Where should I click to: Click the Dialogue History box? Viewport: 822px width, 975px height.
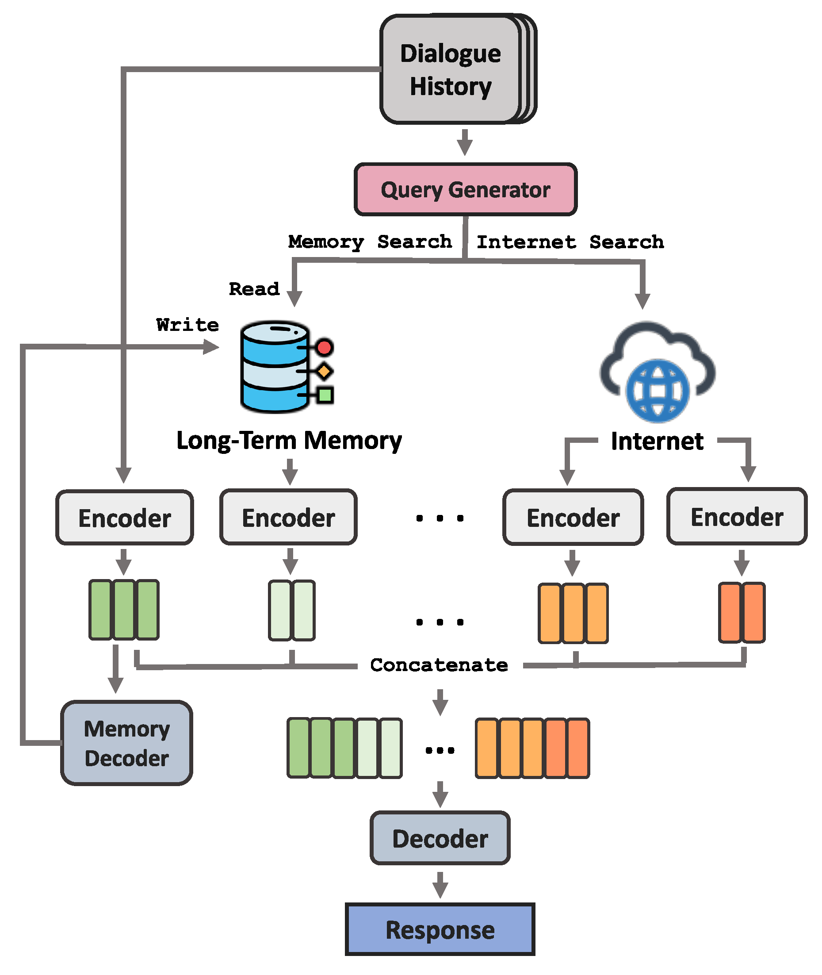[x=451, y=70]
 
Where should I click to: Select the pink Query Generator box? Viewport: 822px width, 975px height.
[x=465, y=190]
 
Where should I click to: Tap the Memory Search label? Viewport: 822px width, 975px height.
[x=370, y=242]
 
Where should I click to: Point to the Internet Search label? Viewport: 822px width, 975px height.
[x=570, y=242]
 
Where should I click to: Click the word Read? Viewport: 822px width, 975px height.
[x=254, y=289]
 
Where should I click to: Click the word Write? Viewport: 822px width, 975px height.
[x=187, y=325]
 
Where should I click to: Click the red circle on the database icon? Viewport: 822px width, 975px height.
[x=324, y=347]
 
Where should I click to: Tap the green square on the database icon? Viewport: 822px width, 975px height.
[x=325, y=395]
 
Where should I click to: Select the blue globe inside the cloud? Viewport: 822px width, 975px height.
[x=658, y=390]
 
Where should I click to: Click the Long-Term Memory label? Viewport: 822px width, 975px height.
[x=289, y=441]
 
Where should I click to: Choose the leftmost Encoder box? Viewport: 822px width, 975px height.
[x=124, y=518]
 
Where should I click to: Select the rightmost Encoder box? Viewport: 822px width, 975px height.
[x=737, y=517]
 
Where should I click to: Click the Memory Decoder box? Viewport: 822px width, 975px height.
[x=127, y=743]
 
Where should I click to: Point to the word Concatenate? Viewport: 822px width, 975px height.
[x=439, y=665]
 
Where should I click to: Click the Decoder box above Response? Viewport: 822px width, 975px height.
[x=440, y=838]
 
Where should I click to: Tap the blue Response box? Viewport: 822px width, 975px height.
[x=440, y=930]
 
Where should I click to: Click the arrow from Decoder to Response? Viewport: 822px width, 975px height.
[x=440, y=885]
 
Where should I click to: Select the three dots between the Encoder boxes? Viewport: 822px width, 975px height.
[x=440, y=518]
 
